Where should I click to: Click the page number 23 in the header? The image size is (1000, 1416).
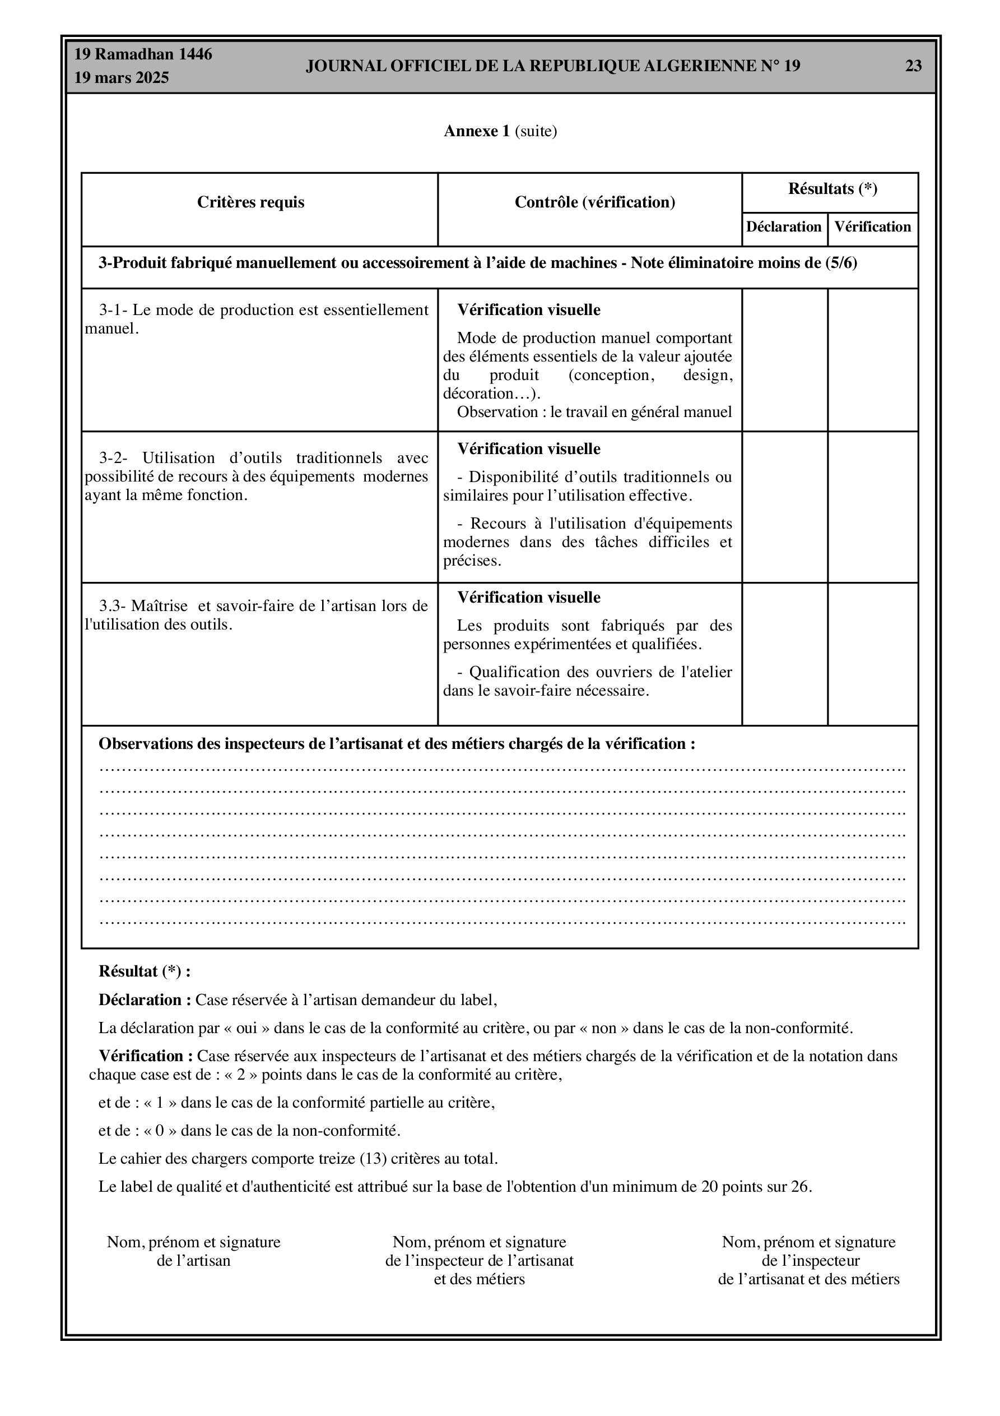pos(913,66)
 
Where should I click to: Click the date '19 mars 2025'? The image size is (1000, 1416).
pos(122,78)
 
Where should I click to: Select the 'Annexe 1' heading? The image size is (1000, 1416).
pos(477,131)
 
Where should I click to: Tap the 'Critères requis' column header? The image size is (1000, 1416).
pos(250,202)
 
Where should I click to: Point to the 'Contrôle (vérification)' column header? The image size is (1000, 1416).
pos(594,202)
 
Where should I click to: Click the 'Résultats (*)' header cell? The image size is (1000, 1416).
pos(832,189)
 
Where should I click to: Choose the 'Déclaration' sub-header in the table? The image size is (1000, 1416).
pos(784,227)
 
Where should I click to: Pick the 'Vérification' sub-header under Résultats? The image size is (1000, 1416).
pos(872,227)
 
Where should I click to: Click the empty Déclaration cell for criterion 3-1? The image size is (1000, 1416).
pos(784,359)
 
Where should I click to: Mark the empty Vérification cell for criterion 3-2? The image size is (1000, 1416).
pos(872,507)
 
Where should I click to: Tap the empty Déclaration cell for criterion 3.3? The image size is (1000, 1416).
pos(784,654)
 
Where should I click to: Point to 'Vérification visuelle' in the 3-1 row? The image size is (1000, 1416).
pos(528,310)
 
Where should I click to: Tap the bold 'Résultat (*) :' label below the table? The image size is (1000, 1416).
pos(145,971)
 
